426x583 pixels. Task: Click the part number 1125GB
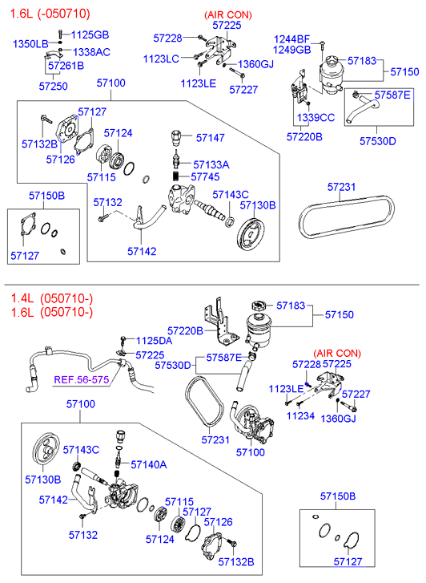(x=90, y=34)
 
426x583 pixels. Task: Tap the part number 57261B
(x=65, y=66)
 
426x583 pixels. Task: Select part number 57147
(x=211, y=138)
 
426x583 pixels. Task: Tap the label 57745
(x=207, y=176)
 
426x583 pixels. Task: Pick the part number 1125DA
(x=154, y=341)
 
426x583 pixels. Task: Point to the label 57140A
(x=148, y=464)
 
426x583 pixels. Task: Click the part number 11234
(x=300, y=416)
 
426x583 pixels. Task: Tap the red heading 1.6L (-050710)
(x=50, y=13)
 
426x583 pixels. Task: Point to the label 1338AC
(x=91, y=51)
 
